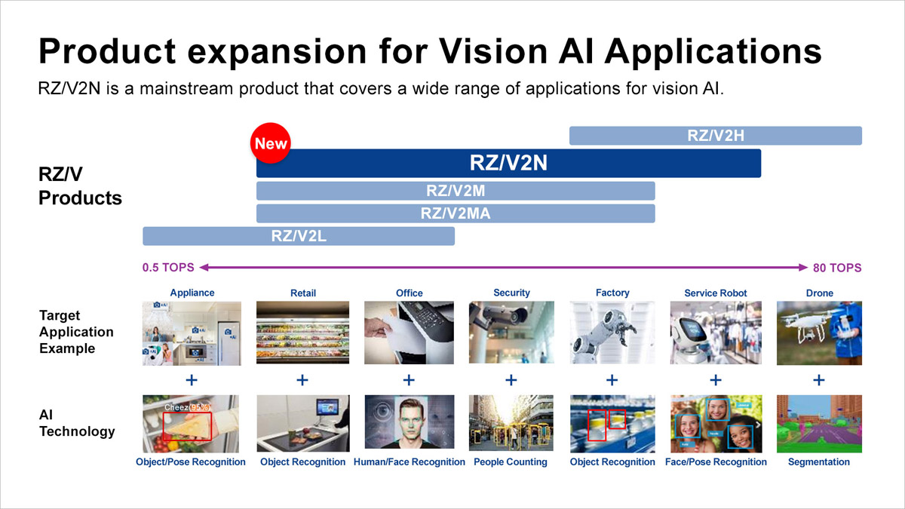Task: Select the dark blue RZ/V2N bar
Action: (x=508, y=164)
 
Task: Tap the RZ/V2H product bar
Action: (x=715, y=136)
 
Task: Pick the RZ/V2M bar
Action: (x=456, y=191)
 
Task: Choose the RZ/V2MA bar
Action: (x=456, y=213)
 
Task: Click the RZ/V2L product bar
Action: (x=299, y=235)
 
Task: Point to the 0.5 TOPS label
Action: (x=167, y=268)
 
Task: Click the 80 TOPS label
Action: (x=836, y=268)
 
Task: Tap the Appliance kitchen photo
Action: (x=192, y=333)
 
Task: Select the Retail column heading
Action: (x=302, y=293)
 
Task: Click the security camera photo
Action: (x=511, y=333)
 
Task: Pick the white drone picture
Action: (x=818, y=333)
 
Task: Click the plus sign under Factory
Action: (x=612, y=380)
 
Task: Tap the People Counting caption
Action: (x=511, y=462)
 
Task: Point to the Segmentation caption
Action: (x=818, y=462)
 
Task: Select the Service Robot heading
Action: (x=715, y=293)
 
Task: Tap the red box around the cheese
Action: (x=188, y=425)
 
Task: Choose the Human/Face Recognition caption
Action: (x=409, y=462)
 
